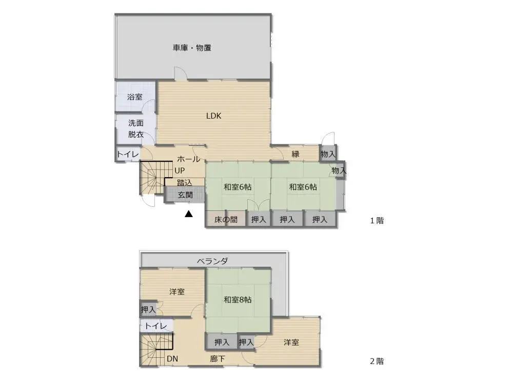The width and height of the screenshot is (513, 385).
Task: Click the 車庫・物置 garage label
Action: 192,48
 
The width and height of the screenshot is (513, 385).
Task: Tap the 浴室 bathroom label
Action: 135,97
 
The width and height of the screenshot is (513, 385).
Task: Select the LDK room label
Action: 213,115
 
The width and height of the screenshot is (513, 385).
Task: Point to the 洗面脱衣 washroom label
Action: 135,129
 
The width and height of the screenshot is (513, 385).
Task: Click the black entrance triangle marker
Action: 189,214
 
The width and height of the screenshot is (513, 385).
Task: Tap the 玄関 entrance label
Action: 185,195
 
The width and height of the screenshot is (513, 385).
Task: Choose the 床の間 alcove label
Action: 226,220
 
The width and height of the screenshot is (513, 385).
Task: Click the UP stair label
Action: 180,170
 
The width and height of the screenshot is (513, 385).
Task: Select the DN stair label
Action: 172,359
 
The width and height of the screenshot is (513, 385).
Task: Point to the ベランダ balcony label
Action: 212,261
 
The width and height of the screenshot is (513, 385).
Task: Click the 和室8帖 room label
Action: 238,299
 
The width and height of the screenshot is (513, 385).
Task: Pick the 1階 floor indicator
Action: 377,221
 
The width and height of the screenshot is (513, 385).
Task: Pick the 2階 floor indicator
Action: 377,361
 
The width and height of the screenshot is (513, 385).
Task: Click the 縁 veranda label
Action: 295,154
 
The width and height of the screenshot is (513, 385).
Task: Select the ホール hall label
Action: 189,159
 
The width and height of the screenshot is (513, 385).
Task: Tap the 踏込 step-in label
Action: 185,182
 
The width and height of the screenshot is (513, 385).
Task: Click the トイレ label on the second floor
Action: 155,326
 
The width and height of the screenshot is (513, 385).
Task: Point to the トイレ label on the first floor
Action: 126,154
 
